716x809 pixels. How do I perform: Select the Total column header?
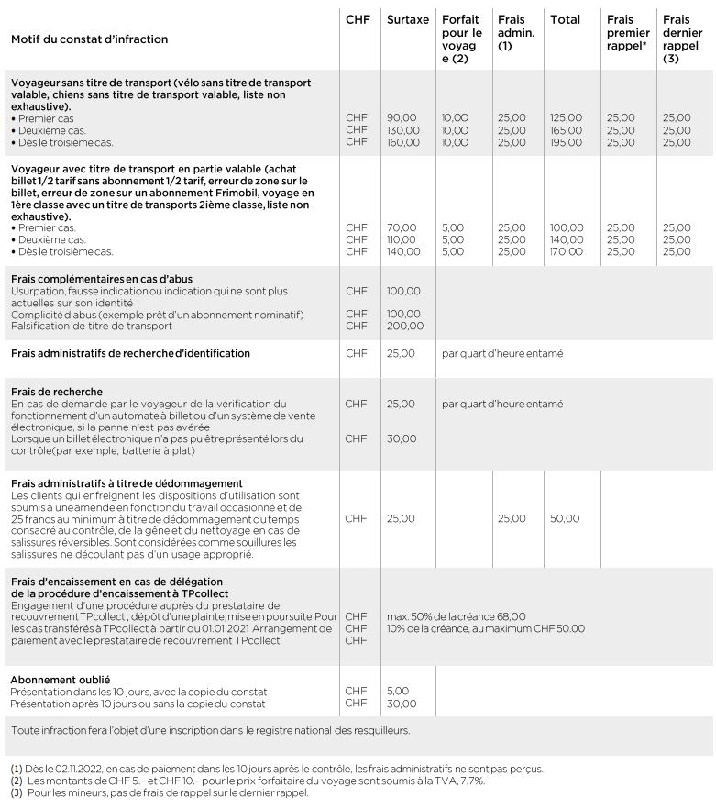tap(565, 19)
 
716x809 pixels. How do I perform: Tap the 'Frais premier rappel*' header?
tap(627, 32)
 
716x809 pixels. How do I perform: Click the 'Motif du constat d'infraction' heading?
tap(90, 39)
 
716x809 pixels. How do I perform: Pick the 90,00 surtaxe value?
tap(402, 118)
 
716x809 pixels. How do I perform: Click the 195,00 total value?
tap(566, 142)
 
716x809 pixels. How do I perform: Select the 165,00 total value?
tap(566, 130)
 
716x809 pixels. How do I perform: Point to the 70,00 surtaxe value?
tap(402, 227)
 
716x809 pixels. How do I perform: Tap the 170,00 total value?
tap(566, 251)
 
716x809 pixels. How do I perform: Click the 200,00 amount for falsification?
tap(403, 326)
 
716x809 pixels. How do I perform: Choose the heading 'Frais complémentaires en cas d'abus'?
tap(102, 279)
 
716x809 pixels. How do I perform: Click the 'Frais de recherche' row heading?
tap(57, 392)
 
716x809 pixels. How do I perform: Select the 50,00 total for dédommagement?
tap(564, 518)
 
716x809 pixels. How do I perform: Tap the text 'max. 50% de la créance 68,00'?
tap(457, 616)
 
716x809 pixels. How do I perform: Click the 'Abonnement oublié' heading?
tap(61, 680)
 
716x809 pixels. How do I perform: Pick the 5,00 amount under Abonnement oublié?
tap(398, 691)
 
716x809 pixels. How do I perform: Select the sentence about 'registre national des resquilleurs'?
tap(210, 730)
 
